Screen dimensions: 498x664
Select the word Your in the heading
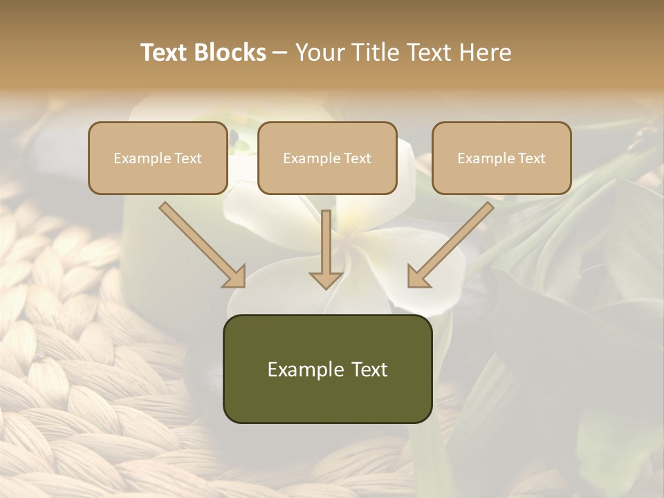click(x=318, y=53)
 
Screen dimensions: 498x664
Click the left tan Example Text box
click(x=158, y=158)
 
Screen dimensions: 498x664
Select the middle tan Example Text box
click(x=327, y=158)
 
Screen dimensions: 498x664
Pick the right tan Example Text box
click(x=501, y=158)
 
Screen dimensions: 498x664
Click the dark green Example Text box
click(x=327, y=369)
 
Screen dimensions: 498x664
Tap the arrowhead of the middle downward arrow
click(x=326, y=279)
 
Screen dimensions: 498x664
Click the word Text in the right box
click(x=531, y=158)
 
